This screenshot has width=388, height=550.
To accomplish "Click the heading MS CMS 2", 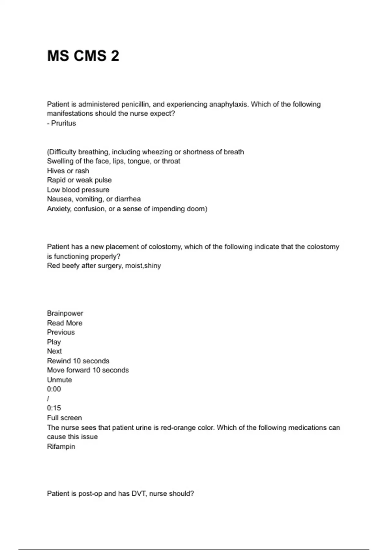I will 83,56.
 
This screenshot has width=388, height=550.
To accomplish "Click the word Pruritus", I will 63,123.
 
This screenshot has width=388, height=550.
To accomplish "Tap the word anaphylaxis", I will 229,104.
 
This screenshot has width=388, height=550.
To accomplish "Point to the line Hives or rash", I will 68,171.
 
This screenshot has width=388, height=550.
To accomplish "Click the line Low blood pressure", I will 78,190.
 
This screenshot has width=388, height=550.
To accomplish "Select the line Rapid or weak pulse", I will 79,180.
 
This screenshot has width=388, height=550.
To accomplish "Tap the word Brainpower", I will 65,313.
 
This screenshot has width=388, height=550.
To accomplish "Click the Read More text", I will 65,323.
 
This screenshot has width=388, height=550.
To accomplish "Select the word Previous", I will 61,332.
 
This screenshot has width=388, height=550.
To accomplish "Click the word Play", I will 54,342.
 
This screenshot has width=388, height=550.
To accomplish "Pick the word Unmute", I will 59,380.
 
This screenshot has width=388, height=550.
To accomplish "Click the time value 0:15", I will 54,408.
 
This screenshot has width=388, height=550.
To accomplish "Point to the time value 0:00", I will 54,389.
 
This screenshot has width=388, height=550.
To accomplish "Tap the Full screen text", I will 64,418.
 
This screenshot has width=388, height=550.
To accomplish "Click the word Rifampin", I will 61,447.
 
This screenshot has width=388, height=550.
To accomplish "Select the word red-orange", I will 178,428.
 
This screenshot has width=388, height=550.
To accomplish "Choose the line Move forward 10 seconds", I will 88,370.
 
